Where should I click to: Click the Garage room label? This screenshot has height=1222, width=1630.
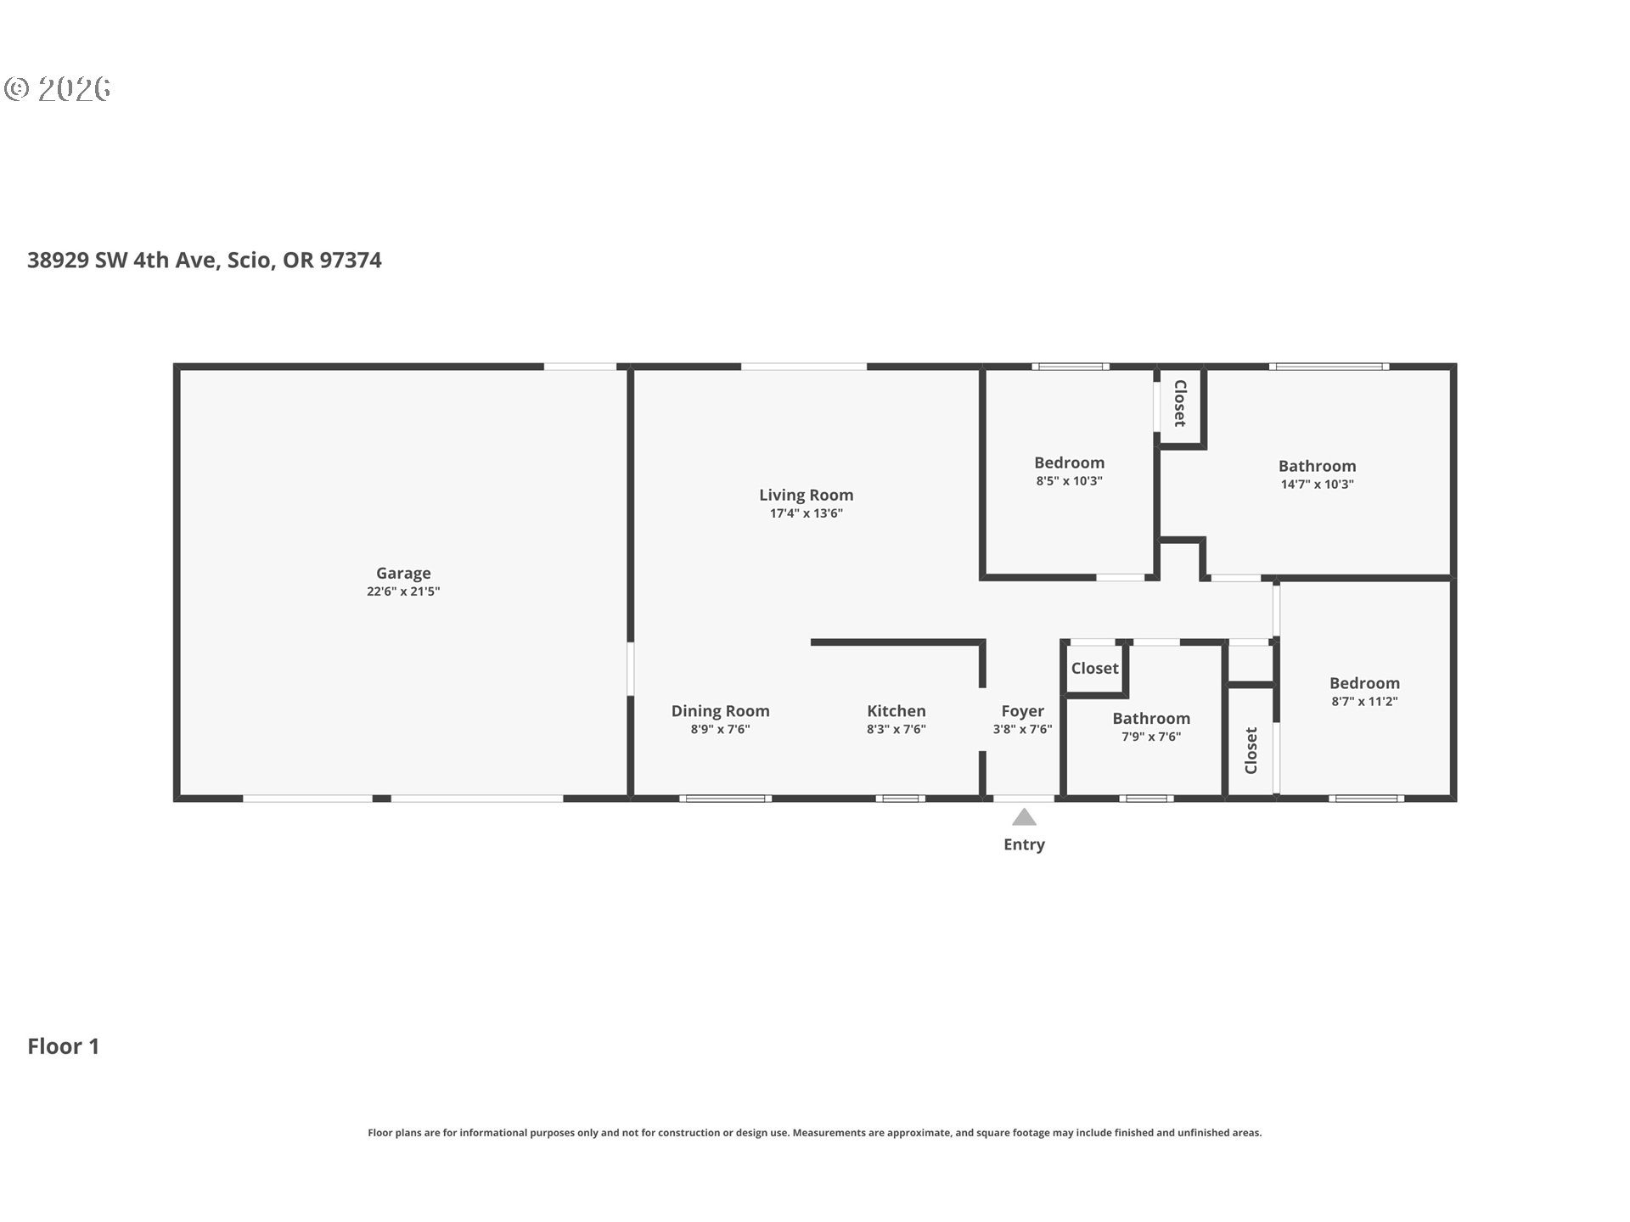click(403, 573)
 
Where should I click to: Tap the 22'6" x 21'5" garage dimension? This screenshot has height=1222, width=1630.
click(403, 591)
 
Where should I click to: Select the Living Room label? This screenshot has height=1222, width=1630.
click(806, 495)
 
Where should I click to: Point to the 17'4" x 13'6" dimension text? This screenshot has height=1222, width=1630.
click(806, 513)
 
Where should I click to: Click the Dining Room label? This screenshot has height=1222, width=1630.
click(720, 711)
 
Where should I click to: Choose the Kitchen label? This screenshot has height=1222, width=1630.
click(896, 711)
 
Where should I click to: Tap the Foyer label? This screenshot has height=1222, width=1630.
click(1022, 711)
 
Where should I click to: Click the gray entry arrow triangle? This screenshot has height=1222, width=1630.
click(1024, 818)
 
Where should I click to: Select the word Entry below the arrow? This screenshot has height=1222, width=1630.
click(1024, 844)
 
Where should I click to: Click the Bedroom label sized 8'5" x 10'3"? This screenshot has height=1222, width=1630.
click(1069, 462)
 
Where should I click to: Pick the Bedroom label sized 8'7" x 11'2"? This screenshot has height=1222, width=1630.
click(1364, 683)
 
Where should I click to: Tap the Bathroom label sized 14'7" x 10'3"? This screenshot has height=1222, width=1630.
click(1317, 466)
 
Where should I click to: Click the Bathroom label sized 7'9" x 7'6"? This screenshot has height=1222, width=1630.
click(1151, 719)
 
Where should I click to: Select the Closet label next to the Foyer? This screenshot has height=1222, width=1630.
click(1094, 669)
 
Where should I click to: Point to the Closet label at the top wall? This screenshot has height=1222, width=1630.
click(1179, 403)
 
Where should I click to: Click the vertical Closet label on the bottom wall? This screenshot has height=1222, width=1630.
click(1251, 750)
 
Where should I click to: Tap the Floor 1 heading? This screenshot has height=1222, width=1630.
click(64, 1046)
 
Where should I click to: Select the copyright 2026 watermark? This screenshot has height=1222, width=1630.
click(58, 89)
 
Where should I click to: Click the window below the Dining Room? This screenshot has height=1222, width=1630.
click(725, 799)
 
